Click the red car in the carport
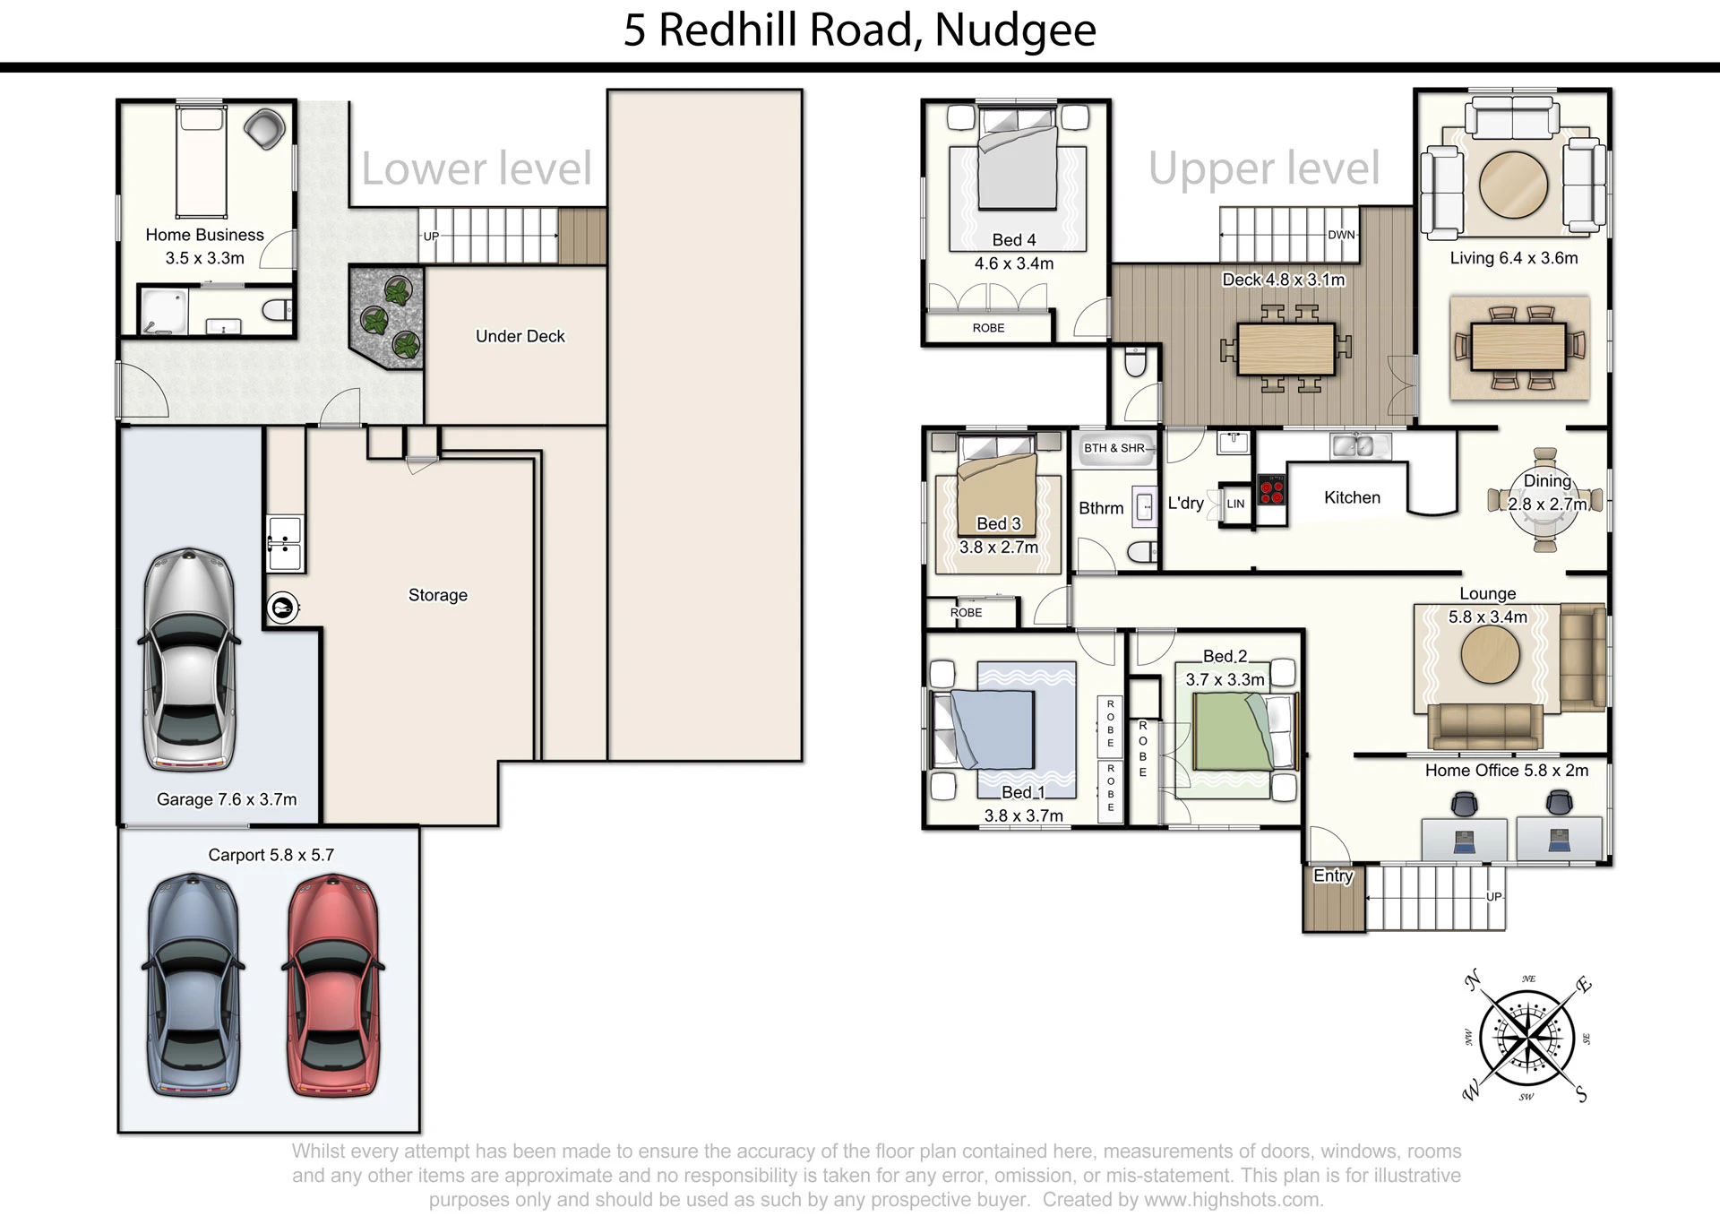332,985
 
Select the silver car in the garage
190,660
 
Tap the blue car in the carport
193,985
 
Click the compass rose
1526,1039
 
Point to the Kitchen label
1352,497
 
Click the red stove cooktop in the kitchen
1272,490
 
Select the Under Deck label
520,336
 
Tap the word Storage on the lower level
438,595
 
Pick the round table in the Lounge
1490,654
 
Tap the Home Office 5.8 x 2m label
1507,771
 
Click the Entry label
1333,875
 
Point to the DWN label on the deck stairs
1341,235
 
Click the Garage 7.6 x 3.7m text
227,799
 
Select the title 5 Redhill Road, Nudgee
860,30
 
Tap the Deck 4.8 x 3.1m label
1284,280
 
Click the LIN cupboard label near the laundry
1235,504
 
